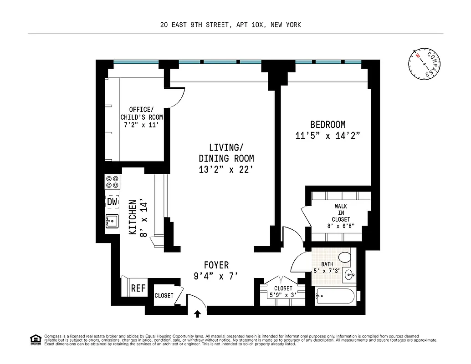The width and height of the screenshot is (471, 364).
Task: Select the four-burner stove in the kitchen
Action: pos(113,182)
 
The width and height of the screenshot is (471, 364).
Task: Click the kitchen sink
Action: pos(112,222)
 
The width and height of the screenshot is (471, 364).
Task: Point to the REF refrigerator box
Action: pos(138,288)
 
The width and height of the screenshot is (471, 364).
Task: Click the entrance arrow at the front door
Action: pos(198,313)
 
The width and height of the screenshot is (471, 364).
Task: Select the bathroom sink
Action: pos(350,275)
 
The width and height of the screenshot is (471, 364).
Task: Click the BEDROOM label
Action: pos(328,124)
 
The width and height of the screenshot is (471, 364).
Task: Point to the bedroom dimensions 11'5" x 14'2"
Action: pos(328,136)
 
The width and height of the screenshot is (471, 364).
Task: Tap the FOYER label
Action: pos(216,265)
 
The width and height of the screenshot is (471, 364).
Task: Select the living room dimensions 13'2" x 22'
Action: pos(226,170)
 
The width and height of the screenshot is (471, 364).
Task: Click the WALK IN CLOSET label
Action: pos(341,212)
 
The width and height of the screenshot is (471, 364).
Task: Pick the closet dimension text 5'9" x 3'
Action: pos(283,295)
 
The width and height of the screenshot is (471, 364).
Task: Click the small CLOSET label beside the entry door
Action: pos(164,295)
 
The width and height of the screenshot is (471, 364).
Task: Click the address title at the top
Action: pos(230,25)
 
